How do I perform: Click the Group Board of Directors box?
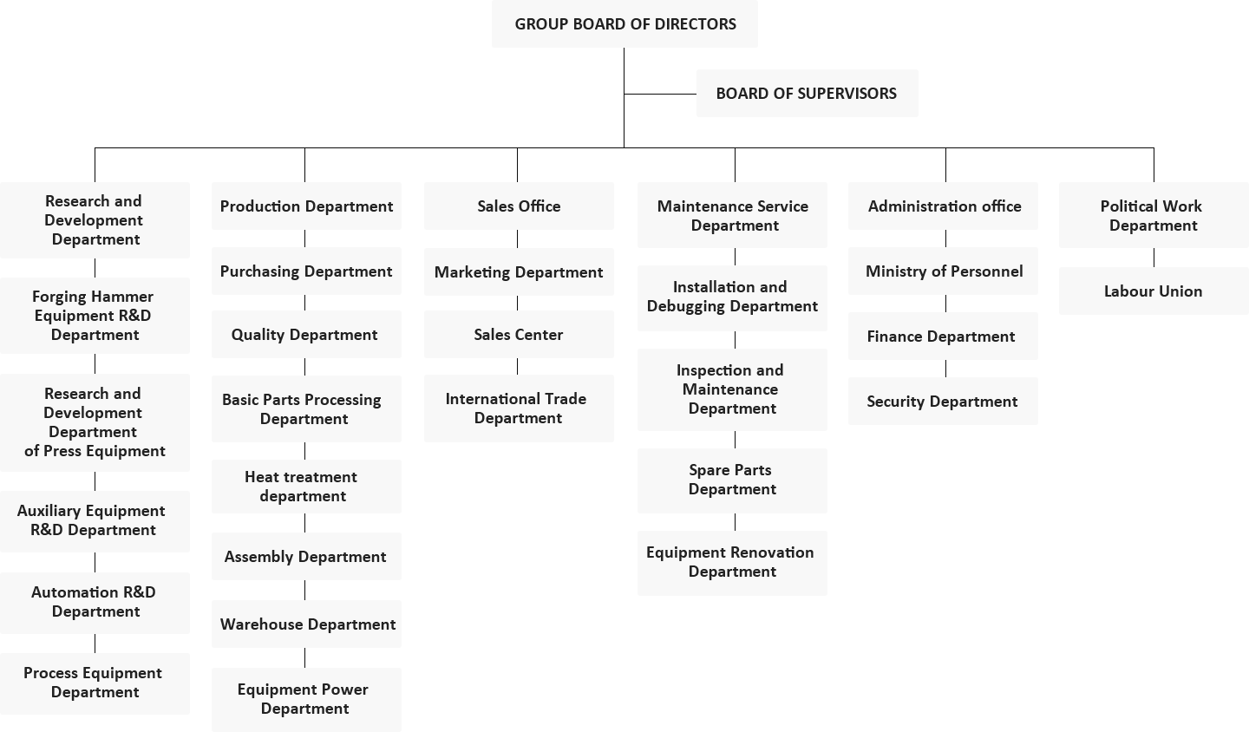(624, 24)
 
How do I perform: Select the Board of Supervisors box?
(807, 93)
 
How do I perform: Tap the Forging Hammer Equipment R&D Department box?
(95, 316)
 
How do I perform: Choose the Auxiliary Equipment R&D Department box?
(95, 521)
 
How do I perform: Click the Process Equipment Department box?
(95, 683)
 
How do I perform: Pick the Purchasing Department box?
(306, 271)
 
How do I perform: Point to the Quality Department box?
(306, 335)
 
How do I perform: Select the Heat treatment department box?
(306, 487)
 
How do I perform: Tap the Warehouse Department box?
(306, 624)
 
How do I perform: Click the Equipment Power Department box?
(306, 700)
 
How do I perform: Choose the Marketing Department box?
(519, 272)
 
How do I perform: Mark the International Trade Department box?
(519, 408)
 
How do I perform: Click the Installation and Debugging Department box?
(732, 297)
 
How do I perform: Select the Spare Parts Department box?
(732, 480)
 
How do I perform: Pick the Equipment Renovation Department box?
(732, 563)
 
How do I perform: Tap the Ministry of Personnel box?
(943, 271)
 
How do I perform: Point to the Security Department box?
(943, 401)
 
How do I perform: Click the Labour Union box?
(1154, 291)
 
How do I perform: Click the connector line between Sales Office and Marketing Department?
(518, 239)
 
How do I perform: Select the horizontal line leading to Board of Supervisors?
(660, 94)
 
